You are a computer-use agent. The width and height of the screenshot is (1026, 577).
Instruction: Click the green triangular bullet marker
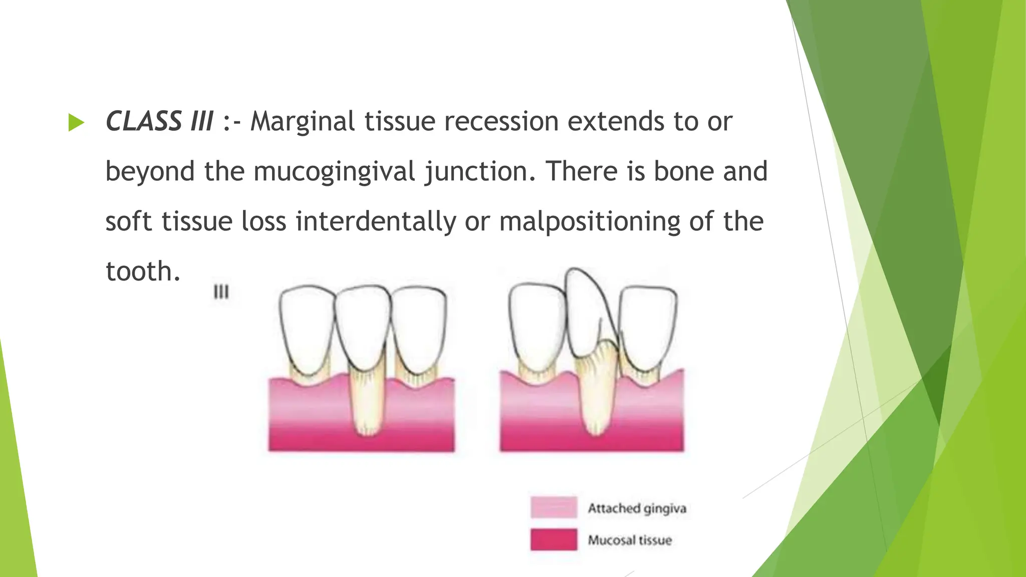[76, 123]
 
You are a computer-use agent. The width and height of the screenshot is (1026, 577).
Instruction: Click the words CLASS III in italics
[159, 122]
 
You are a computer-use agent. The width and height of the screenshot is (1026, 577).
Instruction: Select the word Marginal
[304, 122]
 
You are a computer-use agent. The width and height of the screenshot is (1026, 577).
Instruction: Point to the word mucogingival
[334, 172]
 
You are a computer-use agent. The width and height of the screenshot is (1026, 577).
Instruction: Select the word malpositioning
[589, 222]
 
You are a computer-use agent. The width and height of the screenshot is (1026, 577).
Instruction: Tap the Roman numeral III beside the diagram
[221, 292]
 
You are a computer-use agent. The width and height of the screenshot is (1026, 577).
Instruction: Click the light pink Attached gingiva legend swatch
[554, 507]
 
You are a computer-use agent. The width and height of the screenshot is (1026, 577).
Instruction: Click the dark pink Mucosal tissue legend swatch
[554, 539]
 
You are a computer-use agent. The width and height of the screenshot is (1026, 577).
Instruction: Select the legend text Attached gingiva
[637, 508]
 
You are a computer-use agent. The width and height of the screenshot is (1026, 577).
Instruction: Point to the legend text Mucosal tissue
[630, 540]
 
